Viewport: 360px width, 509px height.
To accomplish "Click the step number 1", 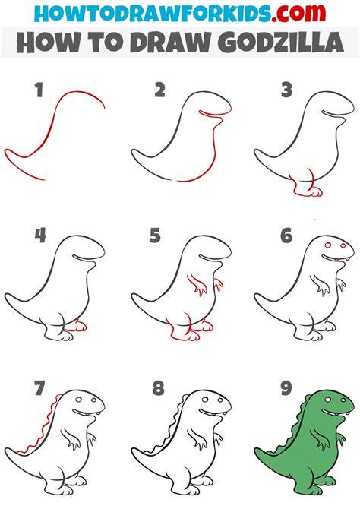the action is (x=39, y=90).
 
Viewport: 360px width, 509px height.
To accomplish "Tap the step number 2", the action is (x=159, y=90).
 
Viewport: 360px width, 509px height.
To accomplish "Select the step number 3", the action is (x=286, y=90).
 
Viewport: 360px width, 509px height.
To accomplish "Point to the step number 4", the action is (x=40, y=236).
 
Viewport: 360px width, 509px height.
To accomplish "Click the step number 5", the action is (x=155, y=236).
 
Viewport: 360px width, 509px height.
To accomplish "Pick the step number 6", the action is (x=286, y=236).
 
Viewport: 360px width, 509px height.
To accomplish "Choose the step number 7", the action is (x=39, y=388).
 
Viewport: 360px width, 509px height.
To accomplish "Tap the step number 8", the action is (x=159, y=388).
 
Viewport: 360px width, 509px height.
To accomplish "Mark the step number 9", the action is (x=286, y=388).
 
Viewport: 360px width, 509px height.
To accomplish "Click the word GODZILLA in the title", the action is (x=281, y=43).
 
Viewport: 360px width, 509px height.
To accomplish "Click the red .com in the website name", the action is (x=298, y=13).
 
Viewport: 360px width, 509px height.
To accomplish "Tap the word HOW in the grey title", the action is (x=44, y=43).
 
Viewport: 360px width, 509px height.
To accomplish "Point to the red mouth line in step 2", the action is (x=212, y=113).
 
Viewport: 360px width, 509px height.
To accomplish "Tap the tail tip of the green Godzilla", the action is (x=257, y=451).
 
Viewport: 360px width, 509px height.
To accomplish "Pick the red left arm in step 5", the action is (x=197, y=284).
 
